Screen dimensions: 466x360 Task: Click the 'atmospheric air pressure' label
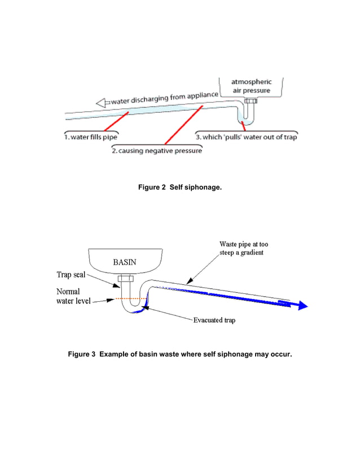tap(251, 86)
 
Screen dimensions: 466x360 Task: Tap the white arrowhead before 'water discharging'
tap(101, 103)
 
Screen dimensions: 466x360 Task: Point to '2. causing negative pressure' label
tap(156, 151)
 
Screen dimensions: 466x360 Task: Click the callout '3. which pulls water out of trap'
tap(245, 137)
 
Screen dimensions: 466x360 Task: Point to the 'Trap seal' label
tap(71, 275)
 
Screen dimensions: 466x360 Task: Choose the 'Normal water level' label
tap(68, 296)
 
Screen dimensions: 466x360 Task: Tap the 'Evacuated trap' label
tap(214, 320)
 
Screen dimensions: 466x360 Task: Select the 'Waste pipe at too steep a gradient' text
tap(244, 248)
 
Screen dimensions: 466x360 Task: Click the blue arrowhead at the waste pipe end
tap(302, 305)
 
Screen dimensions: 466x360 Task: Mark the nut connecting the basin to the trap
tap(125, 279)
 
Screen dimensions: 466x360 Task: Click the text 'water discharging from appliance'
tap(164, 99)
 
